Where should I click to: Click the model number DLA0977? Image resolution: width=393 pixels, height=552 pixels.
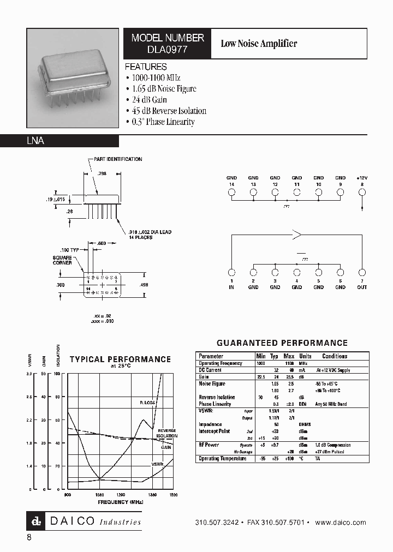click(x=168, y=49)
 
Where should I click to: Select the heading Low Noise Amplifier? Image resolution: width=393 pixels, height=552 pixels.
click(x=258, y=44)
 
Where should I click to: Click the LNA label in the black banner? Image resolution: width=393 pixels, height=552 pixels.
click(x=35, y=141)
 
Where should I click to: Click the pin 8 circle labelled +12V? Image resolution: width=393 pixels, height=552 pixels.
click(x=362, y=192)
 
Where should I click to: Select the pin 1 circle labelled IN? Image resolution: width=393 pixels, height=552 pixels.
click(x=231, y=272)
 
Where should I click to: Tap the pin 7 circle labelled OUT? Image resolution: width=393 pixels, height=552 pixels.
click(x=362, y=272)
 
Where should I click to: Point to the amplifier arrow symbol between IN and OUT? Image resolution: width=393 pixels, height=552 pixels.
click(x=297, y=236)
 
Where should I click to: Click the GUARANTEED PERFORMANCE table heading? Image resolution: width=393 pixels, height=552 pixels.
click(x=282, y=343)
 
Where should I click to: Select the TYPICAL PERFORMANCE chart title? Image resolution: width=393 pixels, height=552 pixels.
click(x=120, y=359)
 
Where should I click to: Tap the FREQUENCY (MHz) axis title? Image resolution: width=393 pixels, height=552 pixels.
click(x=121, y=501)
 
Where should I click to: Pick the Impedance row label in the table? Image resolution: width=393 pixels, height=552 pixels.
click(x=210, y=424)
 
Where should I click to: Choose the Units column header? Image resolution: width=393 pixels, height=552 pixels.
click(x=305, y=356)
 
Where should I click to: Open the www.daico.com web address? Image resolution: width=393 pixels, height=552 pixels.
click(x=341, y=522)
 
